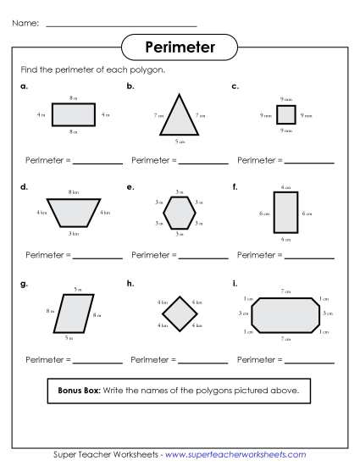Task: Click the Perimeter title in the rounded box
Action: [179, 46]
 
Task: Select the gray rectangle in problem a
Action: [73, 114]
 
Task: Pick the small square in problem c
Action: [285, 115]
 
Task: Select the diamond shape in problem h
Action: [180, 313]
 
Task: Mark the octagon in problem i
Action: [285, 313]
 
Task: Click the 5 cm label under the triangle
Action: [180, 141]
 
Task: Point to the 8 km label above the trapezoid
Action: [74, 193]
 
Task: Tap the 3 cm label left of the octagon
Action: [244, 313]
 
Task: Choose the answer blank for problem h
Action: [203, 363]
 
